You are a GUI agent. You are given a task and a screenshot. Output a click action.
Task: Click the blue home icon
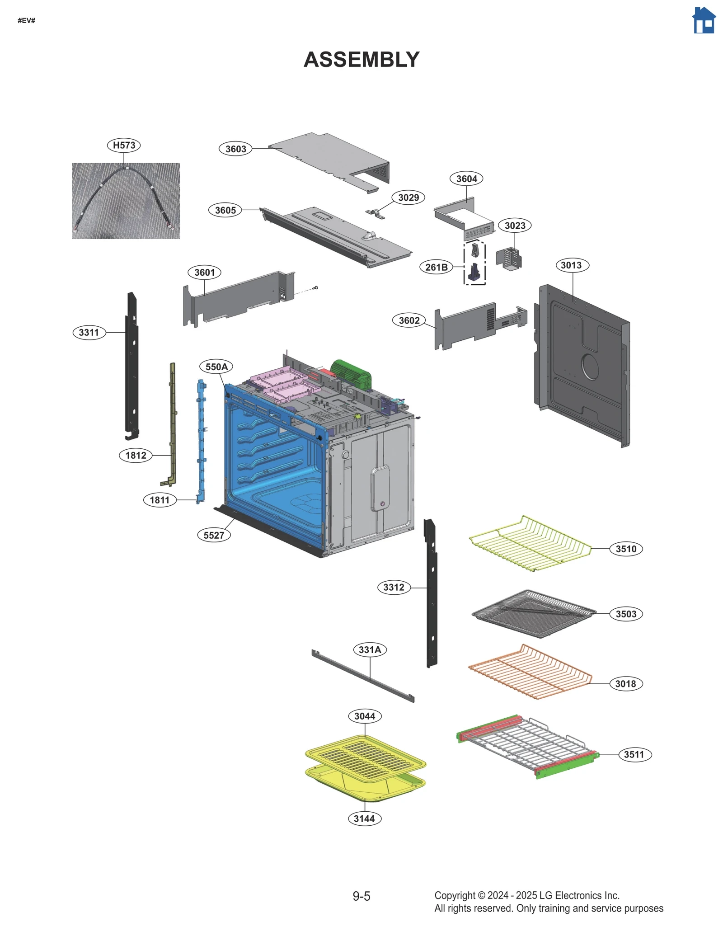coord(704,20)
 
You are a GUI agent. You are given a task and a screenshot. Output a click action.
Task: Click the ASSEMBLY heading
coord(361,60)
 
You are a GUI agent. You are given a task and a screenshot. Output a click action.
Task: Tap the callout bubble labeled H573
coord(124,145)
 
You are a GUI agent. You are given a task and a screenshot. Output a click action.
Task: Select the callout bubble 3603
coord(235,149)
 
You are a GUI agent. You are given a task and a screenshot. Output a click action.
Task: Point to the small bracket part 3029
coord(375,214)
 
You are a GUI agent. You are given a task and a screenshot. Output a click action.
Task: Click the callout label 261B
coord(436,267)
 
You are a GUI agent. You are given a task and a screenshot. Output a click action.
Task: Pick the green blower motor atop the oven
coord(351,374)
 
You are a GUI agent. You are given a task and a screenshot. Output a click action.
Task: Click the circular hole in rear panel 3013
coord(590,367)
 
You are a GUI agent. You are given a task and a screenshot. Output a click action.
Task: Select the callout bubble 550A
coord(216,367)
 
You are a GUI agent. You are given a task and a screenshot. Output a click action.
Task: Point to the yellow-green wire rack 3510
coord(530,542)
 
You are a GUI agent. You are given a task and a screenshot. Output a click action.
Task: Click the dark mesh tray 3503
coord(533,613)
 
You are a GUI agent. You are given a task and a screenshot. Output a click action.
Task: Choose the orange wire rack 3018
coord(530,672)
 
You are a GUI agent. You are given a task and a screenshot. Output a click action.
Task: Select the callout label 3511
coord(634,754)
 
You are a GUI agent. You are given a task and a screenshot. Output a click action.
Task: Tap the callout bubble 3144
coord(364,818)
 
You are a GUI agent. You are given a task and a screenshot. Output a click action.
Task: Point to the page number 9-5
coord(361,896)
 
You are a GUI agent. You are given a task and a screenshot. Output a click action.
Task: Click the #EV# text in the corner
coord(27,20)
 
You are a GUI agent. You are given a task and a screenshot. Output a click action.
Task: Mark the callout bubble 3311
coord(89,332)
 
